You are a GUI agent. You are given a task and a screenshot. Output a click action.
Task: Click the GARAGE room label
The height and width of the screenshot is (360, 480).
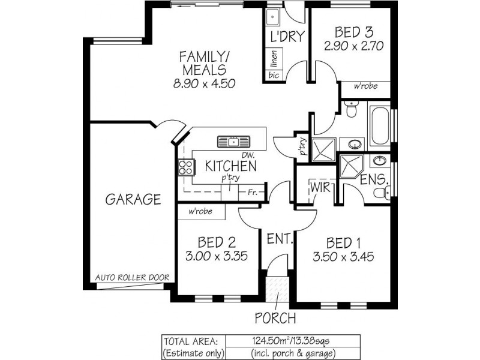click(x=133, y=199)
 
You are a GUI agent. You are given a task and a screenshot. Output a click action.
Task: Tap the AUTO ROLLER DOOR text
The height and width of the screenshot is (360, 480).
click(x=133, y=278)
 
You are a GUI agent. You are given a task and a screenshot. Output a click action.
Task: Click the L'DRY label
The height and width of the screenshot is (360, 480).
click(x=286, y=36)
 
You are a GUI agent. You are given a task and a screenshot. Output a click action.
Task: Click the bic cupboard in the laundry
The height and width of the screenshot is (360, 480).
click(x=274, y=75)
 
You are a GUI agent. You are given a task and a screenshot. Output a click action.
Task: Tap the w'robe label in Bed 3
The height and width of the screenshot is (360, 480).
click(x=365, y=86)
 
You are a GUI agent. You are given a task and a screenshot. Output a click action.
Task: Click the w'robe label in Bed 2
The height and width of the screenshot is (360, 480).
click(x=199, y=212)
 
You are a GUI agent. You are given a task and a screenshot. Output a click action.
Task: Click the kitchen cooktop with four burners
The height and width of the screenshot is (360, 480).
click(x=185, y=166)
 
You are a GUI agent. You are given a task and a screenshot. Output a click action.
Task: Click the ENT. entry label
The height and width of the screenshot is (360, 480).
click(x=280, y=239)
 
